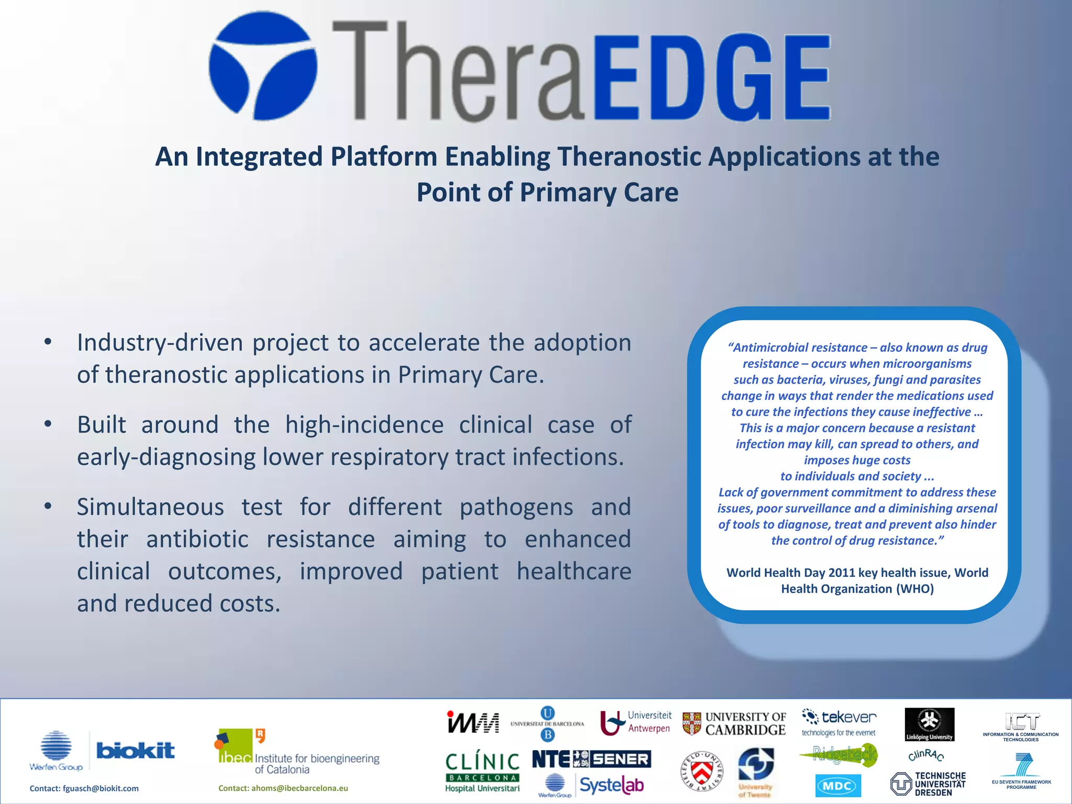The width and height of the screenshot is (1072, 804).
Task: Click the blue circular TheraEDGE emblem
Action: (x=263, y=66)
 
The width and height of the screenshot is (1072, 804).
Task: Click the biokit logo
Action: (x=136, y=751)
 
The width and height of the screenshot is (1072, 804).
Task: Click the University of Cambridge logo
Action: (x=734, y=723)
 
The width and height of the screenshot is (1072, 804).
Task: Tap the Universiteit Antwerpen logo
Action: (x=636, y=722)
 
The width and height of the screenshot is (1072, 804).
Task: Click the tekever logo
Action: (x=839, y=721)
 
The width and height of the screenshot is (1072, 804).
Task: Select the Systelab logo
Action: (x=611, y=785)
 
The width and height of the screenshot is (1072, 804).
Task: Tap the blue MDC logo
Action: (x=838, y=785)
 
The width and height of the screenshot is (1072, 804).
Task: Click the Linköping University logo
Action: (x=930, y=724)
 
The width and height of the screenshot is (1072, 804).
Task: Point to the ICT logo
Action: (x=1022, y=725)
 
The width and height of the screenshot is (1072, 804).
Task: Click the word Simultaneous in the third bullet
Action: (x=150, y=507)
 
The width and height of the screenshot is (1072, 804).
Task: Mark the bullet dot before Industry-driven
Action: (x=48, y=343)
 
